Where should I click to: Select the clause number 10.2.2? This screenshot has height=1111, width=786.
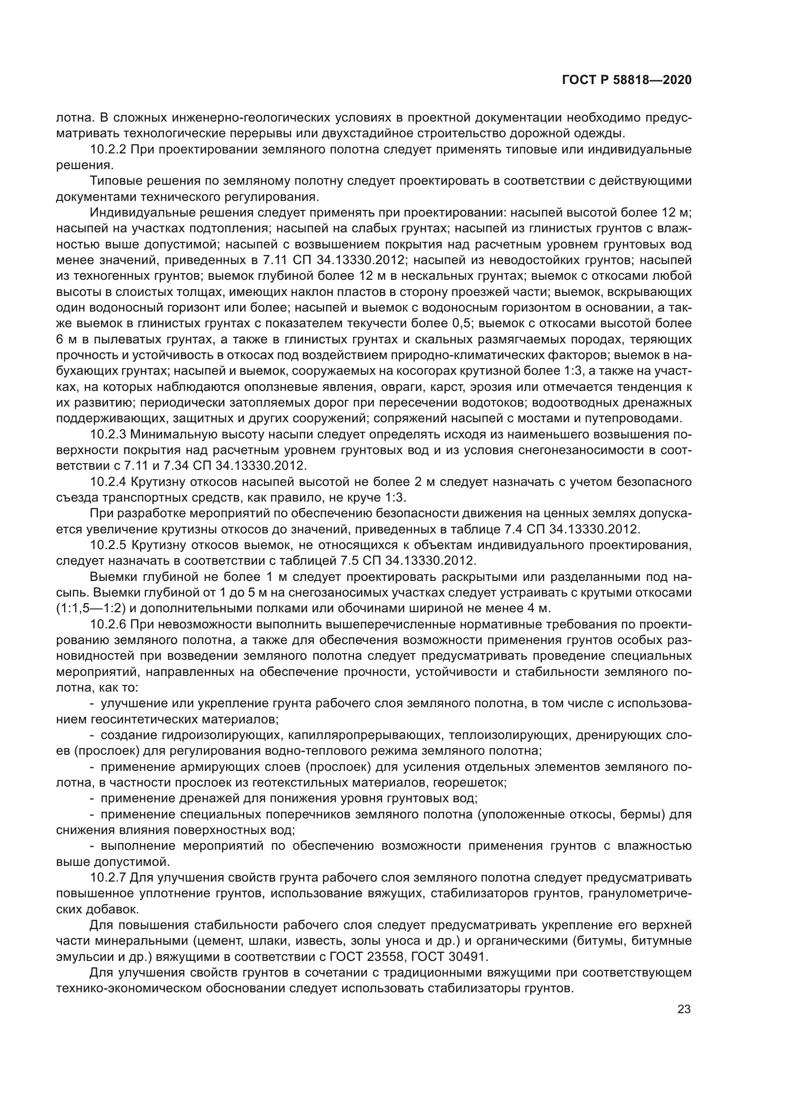108,150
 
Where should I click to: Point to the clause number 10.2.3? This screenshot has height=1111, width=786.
108,434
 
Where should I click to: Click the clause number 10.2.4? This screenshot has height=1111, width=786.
108,482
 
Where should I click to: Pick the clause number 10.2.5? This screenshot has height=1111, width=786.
108,545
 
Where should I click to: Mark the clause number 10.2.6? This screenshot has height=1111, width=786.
108,624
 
